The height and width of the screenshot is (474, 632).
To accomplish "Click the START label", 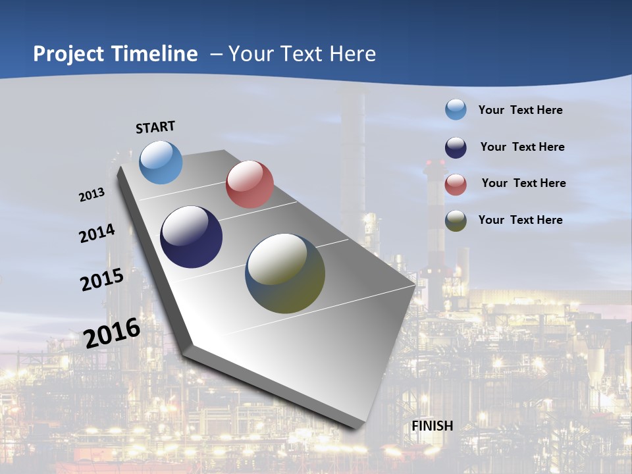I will point(155,126).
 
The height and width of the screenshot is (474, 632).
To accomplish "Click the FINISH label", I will point(432,426).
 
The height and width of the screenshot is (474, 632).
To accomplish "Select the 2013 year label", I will point(92,195).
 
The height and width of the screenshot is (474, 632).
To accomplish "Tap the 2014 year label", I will point(97,233).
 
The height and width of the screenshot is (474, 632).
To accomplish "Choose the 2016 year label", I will point(112,332).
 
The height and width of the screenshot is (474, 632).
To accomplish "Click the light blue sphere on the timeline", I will point(161,162).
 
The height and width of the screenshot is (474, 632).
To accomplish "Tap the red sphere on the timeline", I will point(250,184).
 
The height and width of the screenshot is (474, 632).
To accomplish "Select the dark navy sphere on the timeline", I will point(192,237).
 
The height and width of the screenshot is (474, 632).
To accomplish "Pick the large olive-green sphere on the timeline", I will point(285,273).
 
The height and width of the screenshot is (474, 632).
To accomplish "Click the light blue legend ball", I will point(456,109).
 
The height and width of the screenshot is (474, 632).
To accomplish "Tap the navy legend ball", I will point(456,147).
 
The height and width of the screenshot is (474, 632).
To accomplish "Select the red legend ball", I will point(456,184).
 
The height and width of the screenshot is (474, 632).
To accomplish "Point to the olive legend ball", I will point(456,221).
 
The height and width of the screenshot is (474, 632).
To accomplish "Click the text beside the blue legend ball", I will point(520,110).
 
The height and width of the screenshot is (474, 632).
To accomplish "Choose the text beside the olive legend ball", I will point(520,220).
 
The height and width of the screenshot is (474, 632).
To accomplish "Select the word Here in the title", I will point(352,54).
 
